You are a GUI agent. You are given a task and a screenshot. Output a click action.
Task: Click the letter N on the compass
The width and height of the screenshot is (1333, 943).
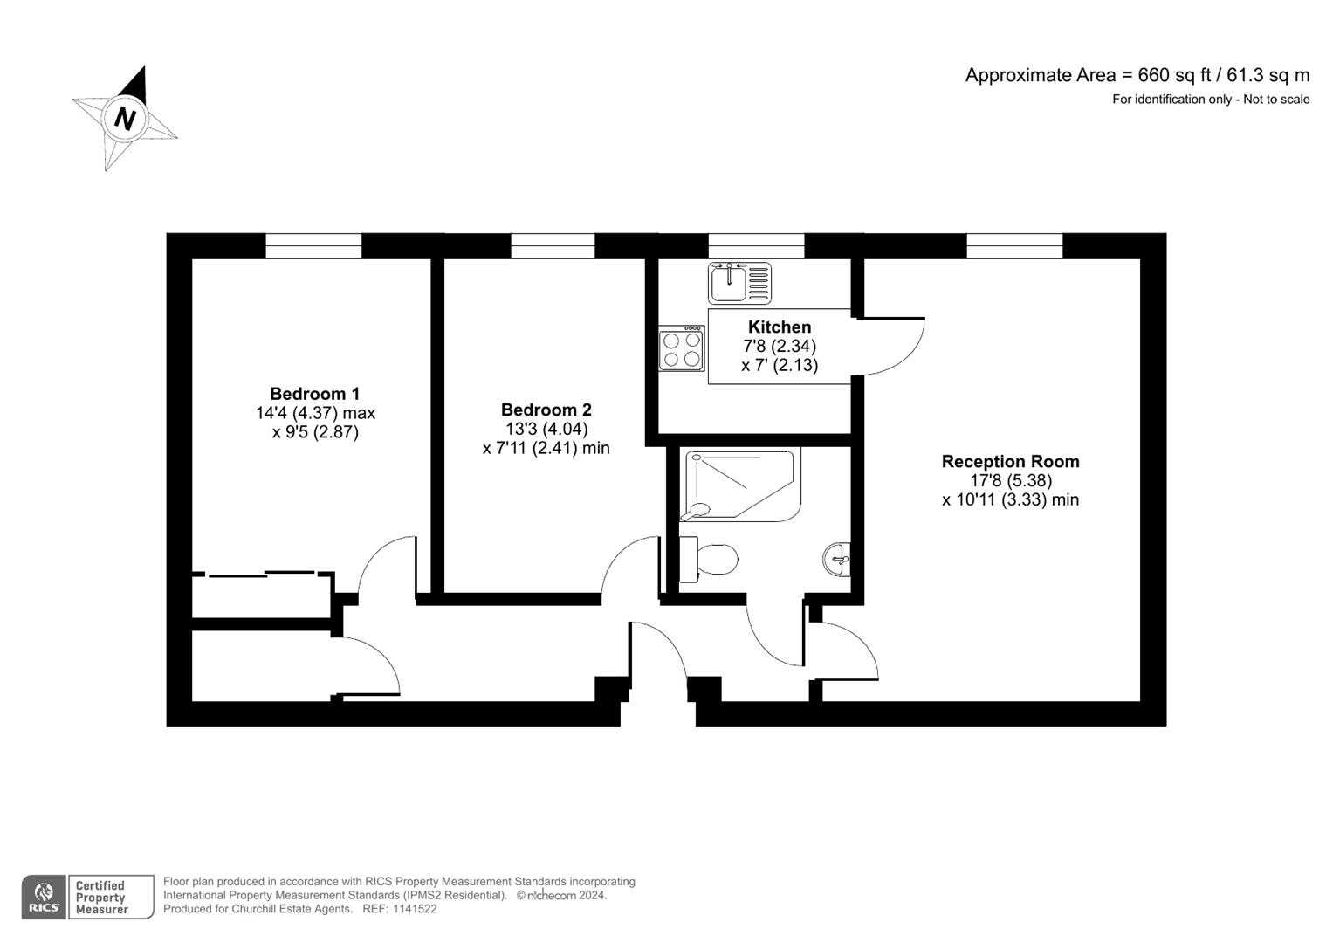tap(125, 118)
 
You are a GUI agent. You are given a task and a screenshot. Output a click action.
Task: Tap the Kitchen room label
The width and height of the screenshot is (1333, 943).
tap(780, 327)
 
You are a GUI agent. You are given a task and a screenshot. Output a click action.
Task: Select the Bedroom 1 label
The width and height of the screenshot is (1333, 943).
tap(314, 394)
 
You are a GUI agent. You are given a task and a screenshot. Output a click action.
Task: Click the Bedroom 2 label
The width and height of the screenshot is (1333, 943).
tap(546, 410)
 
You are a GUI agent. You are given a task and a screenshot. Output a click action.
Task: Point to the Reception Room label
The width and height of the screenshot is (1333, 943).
tap(1010, 462)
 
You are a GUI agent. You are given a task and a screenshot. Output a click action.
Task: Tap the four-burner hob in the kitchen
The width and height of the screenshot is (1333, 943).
tap(682, 348)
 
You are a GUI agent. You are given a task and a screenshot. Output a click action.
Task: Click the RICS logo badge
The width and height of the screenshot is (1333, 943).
tap(43, 898)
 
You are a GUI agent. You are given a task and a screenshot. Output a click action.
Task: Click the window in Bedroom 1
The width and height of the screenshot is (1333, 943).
tap(313, 246)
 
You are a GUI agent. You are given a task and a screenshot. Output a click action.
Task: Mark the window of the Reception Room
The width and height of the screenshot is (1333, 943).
tap(1014, 246)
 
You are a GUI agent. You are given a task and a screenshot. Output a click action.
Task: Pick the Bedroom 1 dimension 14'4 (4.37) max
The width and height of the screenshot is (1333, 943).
tap(315, 413)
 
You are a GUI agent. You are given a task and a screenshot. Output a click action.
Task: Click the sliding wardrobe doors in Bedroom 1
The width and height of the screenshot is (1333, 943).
tap(262, 575)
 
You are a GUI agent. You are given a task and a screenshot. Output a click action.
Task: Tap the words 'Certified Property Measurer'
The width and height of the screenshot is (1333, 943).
tap(101, 898)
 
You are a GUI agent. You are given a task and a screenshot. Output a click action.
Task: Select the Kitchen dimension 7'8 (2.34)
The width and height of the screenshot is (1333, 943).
tap(780, 347)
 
